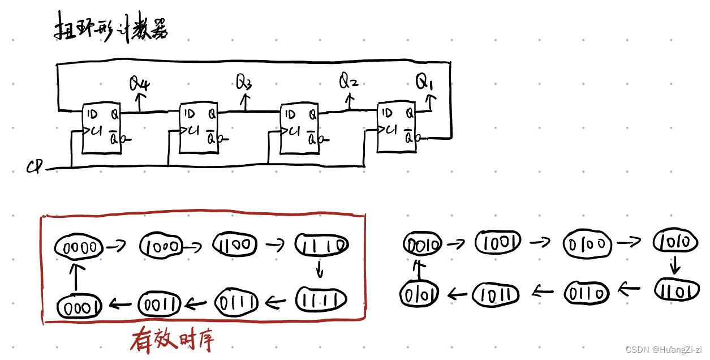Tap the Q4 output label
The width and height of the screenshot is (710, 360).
point(139,85)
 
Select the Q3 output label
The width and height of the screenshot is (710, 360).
point(244,83)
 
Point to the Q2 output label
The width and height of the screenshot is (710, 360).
point(348,82)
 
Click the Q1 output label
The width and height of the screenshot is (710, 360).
point(424,83)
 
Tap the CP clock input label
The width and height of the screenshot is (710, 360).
point(35,168)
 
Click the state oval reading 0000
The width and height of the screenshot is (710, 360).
point(79,247)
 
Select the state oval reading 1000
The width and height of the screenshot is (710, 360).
point(162,246)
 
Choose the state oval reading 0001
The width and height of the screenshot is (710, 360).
point(79,306)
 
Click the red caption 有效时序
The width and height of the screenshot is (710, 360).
point(172,341)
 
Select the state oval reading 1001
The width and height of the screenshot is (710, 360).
point(498,243)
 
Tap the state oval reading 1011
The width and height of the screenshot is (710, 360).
point(496,293)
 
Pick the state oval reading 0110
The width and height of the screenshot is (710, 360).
point(587,293)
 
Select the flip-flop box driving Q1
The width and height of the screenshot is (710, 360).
point(397,127)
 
